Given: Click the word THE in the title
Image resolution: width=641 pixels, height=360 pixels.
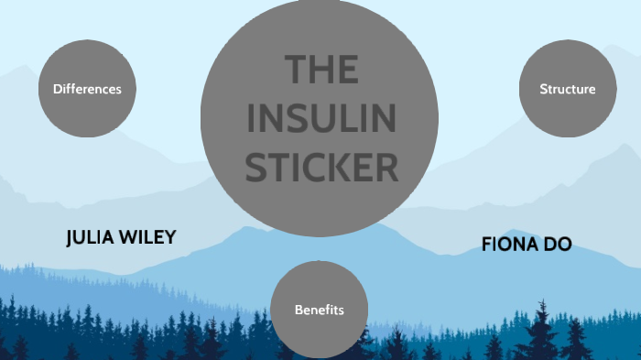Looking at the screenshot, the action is pos(320,71).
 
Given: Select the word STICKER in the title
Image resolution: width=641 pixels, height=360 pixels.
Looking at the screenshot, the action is pos(320,168).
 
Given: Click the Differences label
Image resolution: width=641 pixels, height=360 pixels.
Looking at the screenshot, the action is pos(87,89).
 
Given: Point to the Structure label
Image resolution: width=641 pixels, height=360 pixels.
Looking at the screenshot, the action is pos(568,89).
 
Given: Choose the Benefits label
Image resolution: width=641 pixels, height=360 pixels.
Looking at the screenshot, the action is pos(319,310).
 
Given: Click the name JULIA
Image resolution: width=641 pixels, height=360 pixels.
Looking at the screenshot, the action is pos(94,238).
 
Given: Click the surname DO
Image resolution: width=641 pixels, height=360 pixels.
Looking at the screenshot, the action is pos(560,245).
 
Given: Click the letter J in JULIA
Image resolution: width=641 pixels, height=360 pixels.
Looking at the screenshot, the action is pos(71,238).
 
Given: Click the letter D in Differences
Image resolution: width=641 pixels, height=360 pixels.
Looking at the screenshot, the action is pos(57,89).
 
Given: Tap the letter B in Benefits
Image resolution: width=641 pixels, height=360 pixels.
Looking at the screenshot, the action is pos(299,310).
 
